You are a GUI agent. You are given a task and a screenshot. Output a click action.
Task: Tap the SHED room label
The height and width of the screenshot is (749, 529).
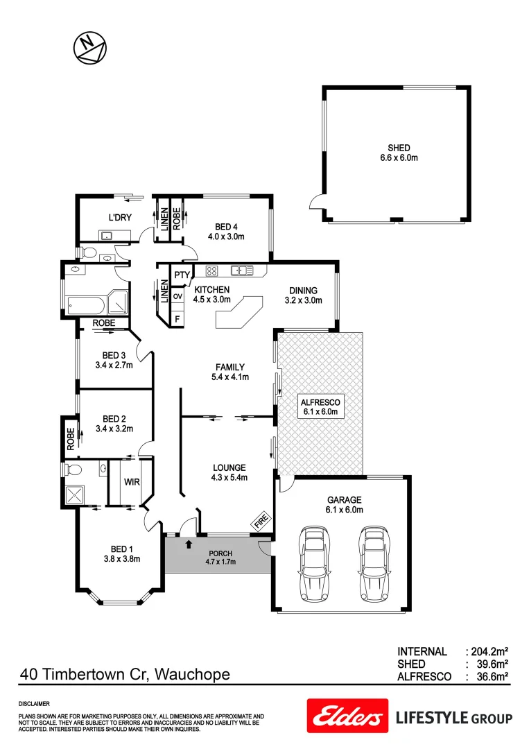[x=399, y=148]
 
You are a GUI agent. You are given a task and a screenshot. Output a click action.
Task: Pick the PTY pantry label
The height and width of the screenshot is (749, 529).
[x=182, y=275]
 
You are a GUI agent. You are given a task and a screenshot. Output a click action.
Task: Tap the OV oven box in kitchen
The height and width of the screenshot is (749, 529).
[x=177, y=296]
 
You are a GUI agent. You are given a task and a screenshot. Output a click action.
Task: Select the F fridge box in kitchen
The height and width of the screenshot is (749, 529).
[x=177, y=318]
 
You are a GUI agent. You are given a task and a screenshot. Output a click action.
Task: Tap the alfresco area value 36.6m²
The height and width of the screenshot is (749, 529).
[x=489, y=676]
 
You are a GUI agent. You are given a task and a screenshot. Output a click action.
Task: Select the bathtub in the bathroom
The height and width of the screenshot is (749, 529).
[x=85, y=302]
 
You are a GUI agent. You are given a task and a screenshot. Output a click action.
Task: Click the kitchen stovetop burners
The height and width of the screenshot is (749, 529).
[x=212, y=270]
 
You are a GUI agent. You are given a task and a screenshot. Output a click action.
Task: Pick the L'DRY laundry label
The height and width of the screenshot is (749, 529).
[x=120, y=218]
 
